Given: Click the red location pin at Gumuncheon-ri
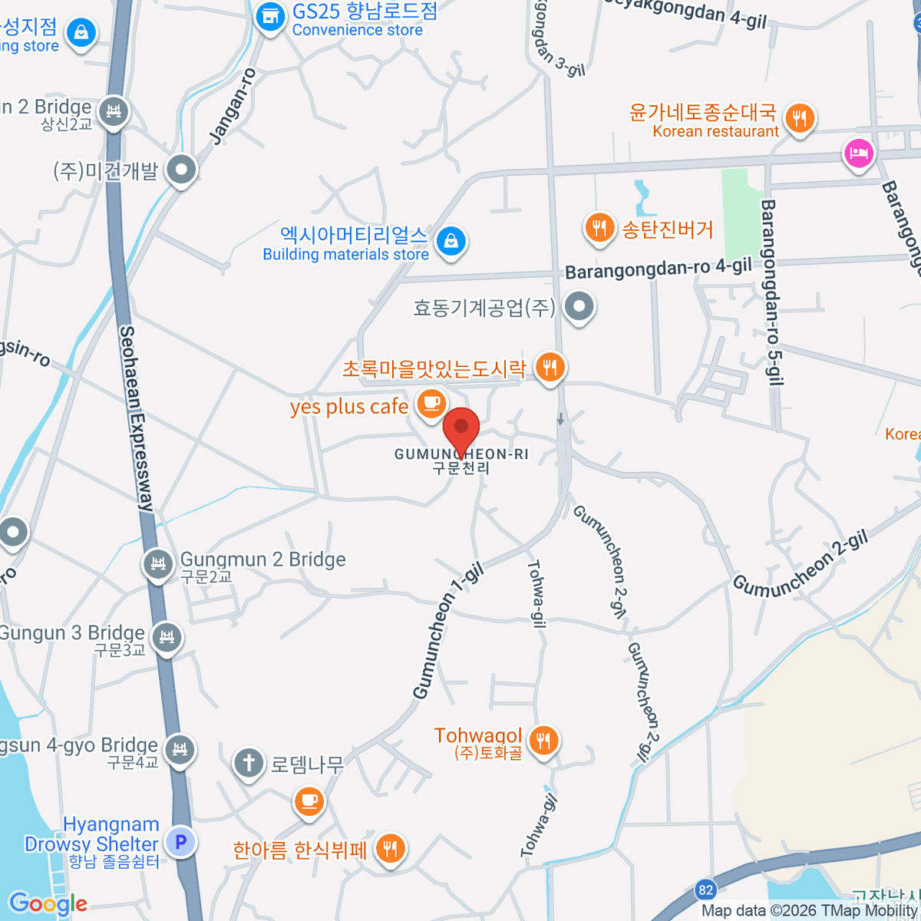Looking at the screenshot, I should pyautogui.click(x=461, y=428).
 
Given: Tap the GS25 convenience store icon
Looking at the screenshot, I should pyautogui.click(x=270, y=15).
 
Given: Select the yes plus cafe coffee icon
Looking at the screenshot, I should pyautogui.click(x=431, y=402).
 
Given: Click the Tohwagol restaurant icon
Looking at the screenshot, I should pyautogui.click(x=543, y=740).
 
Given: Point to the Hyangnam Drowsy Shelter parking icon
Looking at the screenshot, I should pyautogui.click(x=180, y=842).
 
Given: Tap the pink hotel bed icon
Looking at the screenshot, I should pyautogui.click(x=858, y=153).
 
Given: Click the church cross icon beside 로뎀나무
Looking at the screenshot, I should pyautogui.click(x=249, y=763).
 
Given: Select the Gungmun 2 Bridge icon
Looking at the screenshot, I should pyautogui.click(x=158, y=565).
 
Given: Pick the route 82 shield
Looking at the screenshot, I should pyautogui.click(x=705, y=890).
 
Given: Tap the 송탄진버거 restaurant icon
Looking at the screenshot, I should pyautogui.click(x=599, y=228).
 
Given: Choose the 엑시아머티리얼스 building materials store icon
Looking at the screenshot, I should pyautogui.click(x=451, y=241).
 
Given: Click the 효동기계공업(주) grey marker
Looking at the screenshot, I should pyautogui.click(x=579, y=307).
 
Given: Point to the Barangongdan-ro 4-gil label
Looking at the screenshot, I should pyautogui.click(x=658, y=269).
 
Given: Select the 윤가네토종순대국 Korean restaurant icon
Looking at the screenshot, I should pyautogui.click(x=799, y=118).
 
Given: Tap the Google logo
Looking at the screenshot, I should pyautogui.click(x=48, y=904).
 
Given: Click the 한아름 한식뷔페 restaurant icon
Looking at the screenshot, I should pyautogui.click(x=391, y=849).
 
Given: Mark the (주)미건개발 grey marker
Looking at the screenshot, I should pyautogui.click(x=182, y=170).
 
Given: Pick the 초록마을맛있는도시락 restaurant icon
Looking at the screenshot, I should pyautogui.click(x=549, y=367).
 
